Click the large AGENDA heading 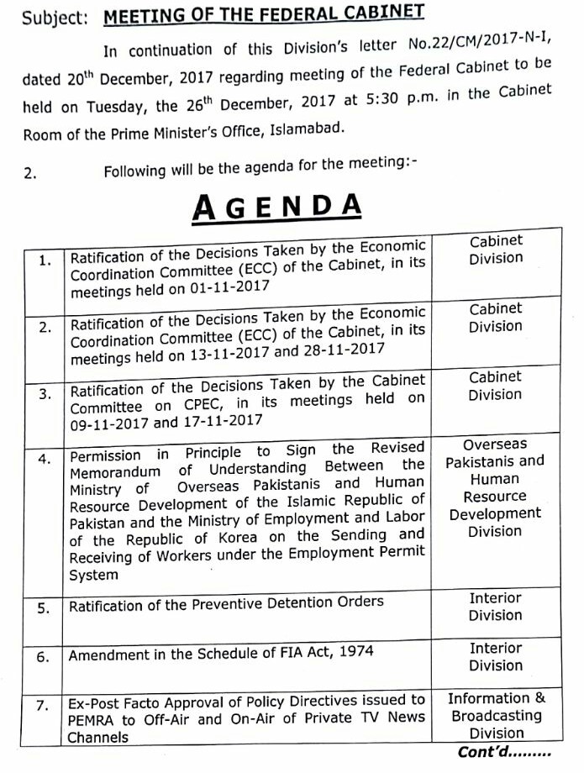point(277,207)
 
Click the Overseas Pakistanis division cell point(495,487)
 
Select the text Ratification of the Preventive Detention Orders point(227,604)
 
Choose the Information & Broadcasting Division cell point(496,716)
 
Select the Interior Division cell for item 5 point(496,606)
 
